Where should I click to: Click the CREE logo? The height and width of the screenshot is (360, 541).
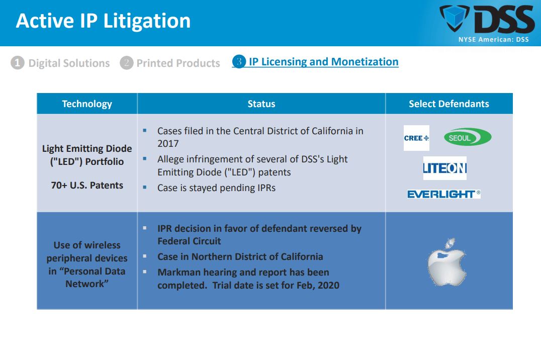coord(416,138)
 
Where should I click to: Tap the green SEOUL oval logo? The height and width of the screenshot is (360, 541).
coord(468,137)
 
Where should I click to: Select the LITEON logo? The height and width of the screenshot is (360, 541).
coord(445,168)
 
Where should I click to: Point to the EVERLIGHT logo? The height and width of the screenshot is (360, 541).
coord(443,194)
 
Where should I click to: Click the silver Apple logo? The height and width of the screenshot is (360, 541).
coord(447,262)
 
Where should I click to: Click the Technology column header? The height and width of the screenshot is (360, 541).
coord(87,104)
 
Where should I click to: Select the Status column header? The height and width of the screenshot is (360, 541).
coord(261,104)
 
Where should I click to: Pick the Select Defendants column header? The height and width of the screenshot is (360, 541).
coord(449,104)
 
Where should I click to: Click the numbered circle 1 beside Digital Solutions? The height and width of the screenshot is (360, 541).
coord(18,63)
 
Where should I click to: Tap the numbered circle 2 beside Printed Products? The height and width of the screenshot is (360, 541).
coord(127,63)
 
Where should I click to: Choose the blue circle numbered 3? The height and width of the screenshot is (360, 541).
coord(239,61)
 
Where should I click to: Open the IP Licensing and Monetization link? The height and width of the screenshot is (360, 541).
coord(324,62)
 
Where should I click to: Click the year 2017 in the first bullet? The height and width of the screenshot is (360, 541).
coord(168,144)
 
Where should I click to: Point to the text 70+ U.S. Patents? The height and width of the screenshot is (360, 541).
coord(87,186)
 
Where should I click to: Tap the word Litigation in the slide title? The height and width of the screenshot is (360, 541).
coord(147,21)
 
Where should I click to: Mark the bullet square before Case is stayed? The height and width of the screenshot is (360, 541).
coord(145,187)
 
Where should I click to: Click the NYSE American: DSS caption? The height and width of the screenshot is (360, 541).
coord(493,39)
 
